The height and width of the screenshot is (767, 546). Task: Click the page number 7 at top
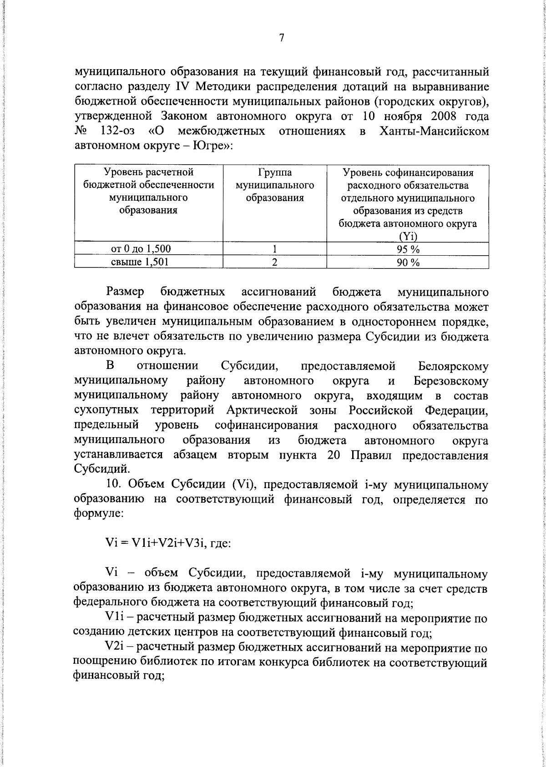[282, 38]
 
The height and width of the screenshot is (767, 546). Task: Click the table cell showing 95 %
[408, 249]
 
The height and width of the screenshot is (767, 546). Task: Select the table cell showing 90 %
[408, 262]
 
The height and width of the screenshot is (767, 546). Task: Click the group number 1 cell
[274, 249]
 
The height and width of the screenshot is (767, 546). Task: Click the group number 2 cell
[274, 262]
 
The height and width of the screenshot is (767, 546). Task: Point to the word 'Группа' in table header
[274, 173]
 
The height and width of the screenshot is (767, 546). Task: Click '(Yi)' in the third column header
[408, 236]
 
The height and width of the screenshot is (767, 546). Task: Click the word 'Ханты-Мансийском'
[434, 131]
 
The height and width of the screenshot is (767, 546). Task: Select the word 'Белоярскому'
[452, 367]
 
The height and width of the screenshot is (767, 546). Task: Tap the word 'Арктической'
[262, 411]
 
